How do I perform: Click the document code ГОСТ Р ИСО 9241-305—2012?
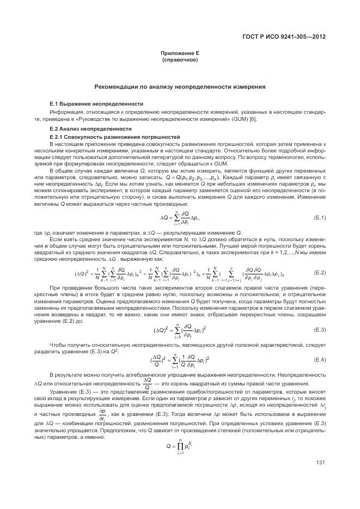point(286,36)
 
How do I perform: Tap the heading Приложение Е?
point(179,53)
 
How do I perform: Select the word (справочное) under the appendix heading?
point(179,59)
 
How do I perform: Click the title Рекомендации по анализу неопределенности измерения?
point(180,87)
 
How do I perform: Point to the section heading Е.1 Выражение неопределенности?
point(96,103)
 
